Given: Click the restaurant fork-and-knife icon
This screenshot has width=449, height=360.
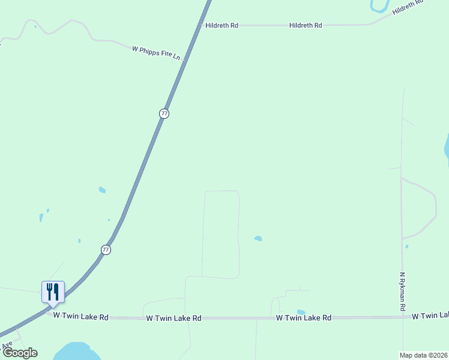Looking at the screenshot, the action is (53, 292).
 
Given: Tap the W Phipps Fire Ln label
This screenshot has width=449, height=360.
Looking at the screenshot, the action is (156, 52).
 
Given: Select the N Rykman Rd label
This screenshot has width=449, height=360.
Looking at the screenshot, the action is (403, 292).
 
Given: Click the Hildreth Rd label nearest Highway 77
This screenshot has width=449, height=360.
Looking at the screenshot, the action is (221, 25).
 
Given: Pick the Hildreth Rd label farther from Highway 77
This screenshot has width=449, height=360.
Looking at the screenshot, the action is (306, 25).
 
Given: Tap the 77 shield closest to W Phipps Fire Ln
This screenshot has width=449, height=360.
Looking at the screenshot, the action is (164, 113).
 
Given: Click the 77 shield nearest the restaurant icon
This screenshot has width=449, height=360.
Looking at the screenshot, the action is (106, 250).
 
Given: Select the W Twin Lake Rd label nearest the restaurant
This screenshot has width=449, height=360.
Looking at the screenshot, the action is (80, 316).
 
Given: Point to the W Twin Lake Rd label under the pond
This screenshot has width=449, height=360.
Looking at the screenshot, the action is (304, 317).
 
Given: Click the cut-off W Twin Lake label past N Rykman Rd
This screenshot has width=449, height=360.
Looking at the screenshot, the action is (430, 315).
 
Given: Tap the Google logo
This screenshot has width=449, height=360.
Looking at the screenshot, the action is (20, 353).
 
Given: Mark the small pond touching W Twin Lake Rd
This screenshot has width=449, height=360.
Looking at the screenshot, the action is (301, 312).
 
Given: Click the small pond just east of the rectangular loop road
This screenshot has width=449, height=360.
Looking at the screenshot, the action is (258, 238).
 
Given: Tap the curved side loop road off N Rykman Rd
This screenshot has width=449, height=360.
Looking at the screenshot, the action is (427, 207).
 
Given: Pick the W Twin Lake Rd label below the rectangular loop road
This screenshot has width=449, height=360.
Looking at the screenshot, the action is (173, 318).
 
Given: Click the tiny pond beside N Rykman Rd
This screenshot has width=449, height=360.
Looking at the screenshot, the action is (406, 246).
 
